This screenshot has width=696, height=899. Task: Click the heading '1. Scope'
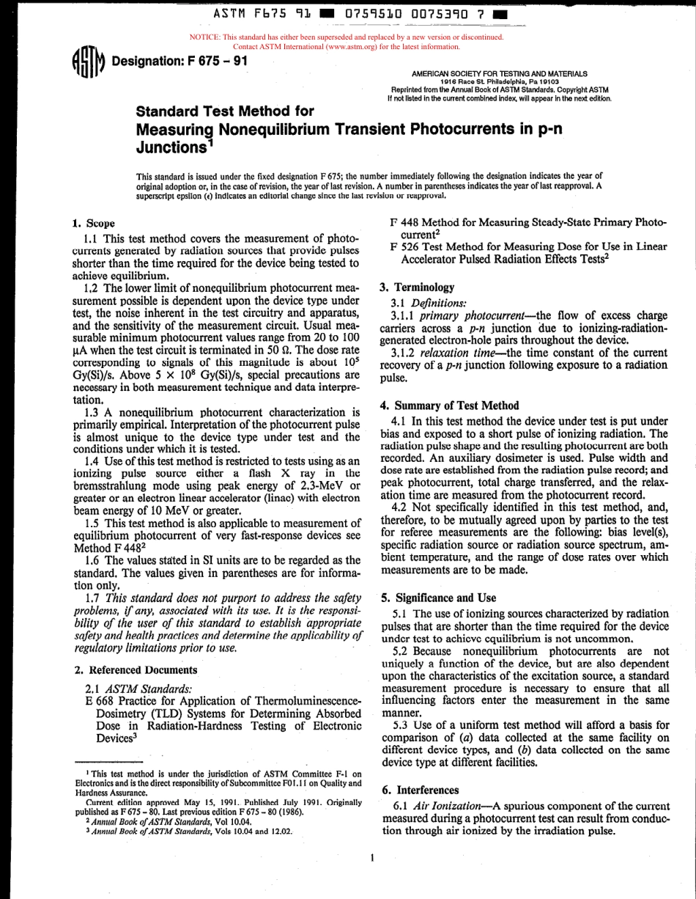click(x=95, y=223)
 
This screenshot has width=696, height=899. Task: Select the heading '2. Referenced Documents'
click(x=136, y=669)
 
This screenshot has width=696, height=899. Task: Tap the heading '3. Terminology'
click(x=417, y=287)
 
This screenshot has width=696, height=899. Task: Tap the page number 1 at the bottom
click(x=372, y=856)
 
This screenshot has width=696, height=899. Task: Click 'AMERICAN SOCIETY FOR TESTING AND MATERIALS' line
click(x=500, y=74)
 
